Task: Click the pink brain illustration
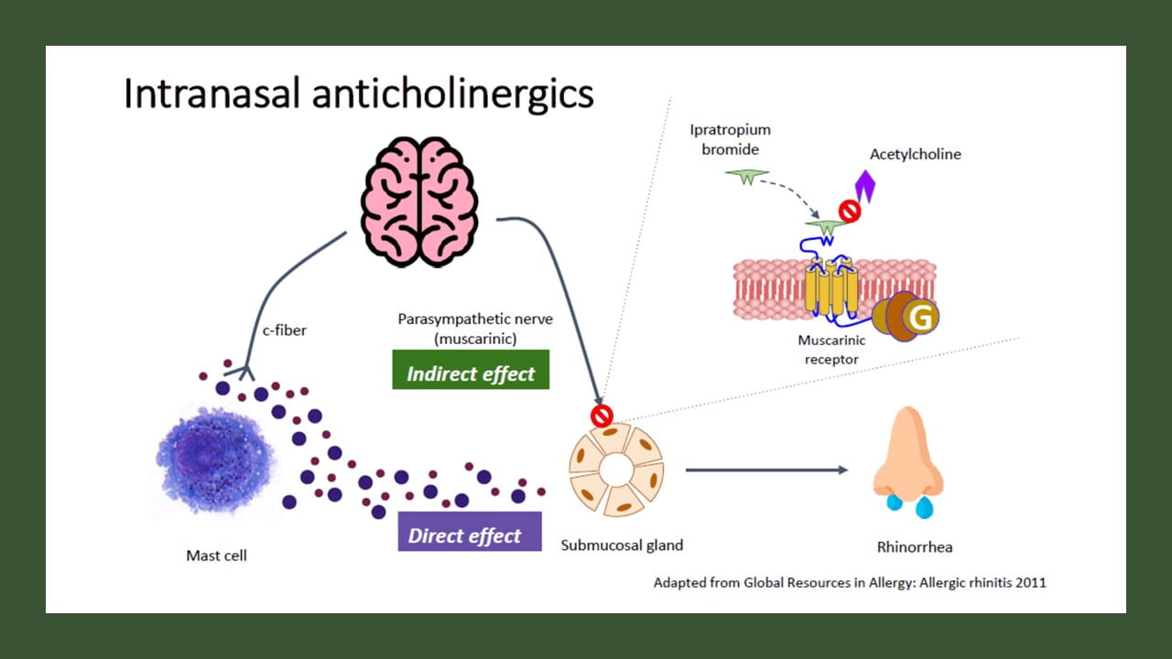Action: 419,203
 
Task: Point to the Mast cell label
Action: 216,556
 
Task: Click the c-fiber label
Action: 284,330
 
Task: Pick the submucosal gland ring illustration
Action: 616,470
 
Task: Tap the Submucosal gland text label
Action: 622,546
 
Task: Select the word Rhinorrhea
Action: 915,547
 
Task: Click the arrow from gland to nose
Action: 765,470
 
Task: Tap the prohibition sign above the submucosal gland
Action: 602,416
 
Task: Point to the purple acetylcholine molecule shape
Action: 864,186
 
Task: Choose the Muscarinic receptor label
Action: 831,349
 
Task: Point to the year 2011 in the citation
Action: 1028,582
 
